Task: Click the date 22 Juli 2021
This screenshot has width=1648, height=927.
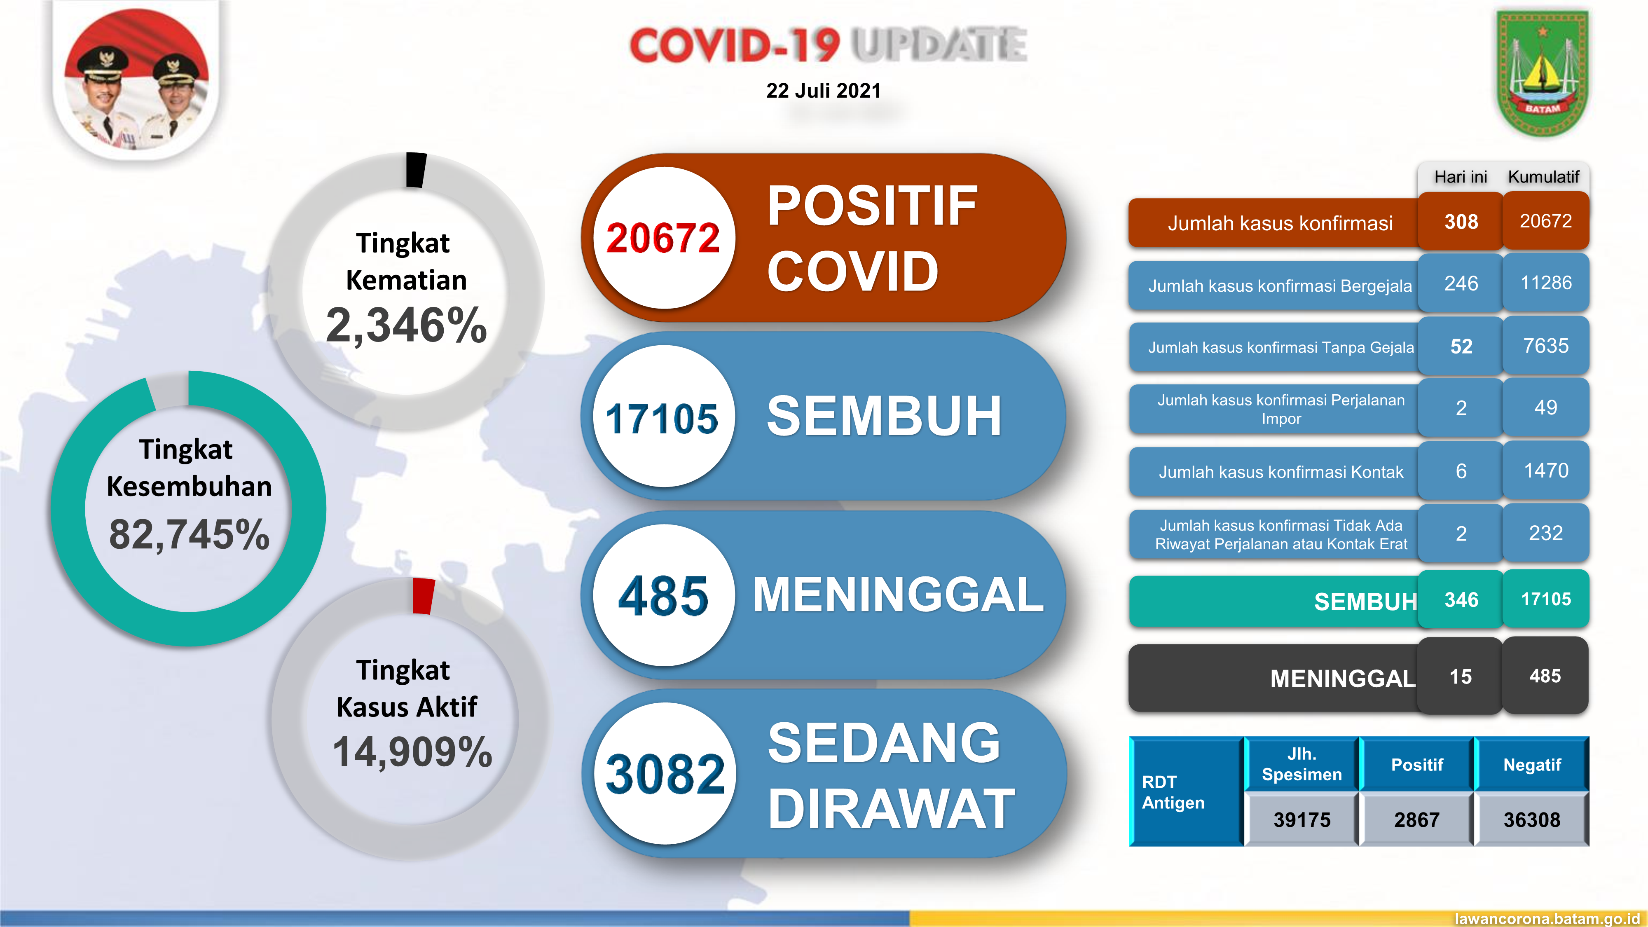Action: [823, 91]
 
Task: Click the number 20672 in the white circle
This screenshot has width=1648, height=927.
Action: [663, 238]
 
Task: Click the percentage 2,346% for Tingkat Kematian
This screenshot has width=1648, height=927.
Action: [406, 325]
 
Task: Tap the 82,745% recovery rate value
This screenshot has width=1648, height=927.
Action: [190, 534]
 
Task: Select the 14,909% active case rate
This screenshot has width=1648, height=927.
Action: [412, 752]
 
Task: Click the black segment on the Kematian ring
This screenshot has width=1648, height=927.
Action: [416, 169]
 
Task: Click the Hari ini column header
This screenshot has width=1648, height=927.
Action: [1461, 177]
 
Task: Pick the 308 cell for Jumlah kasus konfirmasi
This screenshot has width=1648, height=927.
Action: [1461, 222]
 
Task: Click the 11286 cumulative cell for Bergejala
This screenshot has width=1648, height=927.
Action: [1546, 283]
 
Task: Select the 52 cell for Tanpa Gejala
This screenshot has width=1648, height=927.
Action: [1461, 346]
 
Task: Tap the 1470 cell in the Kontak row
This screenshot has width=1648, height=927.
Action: [1546, 471]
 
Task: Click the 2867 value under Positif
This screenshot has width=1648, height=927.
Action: [1416, 819]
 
